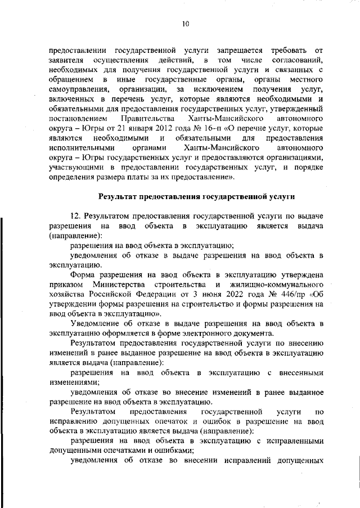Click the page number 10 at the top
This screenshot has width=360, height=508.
[x=185, y=24]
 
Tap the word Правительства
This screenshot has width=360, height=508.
[x=148, y=119]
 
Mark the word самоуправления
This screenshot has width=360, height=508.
[x=78, y=90]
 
